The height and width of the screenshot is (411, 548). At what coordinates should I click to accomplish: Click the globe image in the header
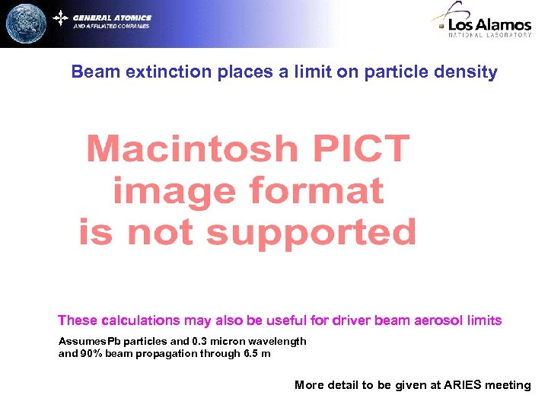coord(25,24)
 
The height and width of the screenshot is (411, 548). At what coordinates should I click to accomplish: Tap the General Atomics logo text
coord(112,18)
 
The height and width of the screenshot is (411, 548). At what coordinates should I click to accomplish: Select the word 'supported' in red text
coord(311,232)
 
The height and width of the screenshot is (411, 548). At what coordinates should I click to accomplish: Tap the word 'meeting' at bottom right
coord(508,385)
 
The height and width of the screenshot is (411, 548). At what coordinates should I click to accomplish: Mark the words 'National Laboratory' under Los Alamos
coord(489,35)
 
